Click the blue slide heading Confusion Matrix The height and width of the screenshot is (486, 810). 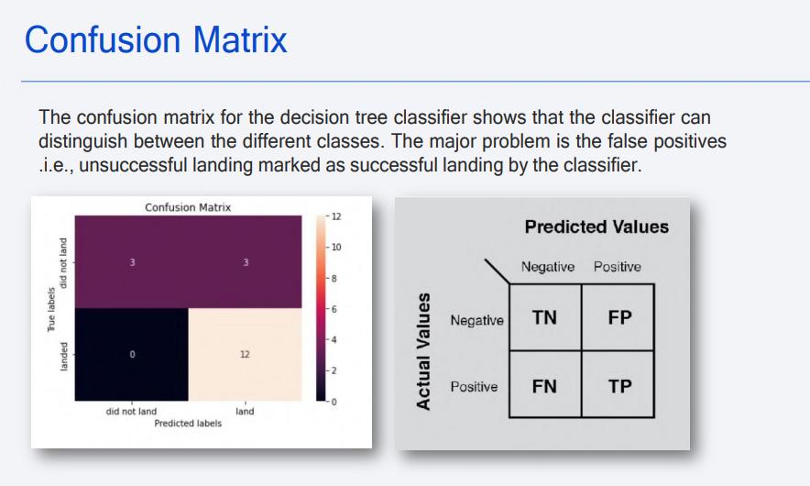[156, 40]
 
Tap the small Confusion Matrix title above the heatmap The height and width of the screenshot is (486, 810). [188, 207]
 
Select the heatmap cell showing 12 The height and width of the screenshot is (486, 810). [245, 354]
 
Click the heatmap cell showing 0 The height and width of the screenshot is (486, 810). [132, 354]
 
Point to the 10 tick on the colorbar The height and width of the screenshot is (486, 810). [335, 248]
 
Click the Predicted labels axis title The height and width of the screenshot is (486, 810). [188, 424]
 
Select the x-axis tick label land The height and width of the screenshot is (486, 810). [245, 412]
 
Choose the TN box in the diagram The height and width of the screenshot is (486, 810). [544, 317]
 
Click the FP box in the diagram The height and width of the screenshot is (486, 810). [619, 317]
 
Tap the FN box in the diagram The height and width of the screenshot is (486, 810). [544, 386]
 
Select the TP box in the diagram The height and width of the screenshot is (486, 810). [619, 386]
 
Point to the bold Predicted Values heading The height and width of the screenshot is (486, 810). [597, 226]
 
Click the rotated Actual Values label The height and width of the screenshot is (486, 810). [423, 351]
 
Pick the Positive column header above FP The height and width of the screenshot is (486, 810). [617, 267]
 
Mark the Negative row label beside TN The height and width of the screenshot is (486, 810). [476, 320]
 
